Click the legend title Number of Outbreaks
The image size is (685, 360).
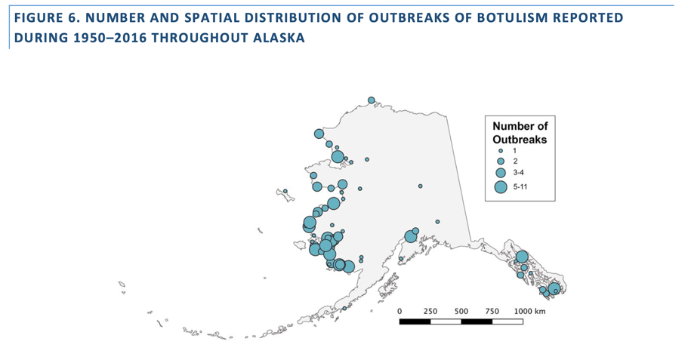tap(520, 133)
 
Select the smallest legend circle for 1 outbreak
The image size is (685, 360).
tap(500, 150)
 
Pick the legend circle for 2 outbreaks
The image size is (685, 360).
tap(500, 161)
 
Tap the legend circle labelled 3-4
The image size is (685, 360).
tap(500, 173)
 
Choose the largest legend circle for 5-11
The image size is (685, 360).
tap(500, 187)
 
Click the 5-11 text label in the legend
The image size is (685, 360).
tap(520, 187)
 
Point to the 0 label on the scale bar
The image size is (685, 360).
tap(400, 311)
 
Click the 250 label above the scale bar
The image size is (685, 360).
tap(430, 311)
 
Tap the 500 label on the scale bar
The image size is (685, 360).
tap(461, 311)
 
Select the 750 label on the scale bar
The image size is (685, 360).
tap(492, 311)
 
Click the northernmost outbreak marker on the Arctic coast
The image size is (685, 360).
tap(372, 100)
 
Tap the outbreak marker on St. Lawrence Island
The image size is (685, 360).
tap(285, 191)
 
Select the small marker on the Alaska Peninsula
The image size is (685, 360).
tap(344, 308)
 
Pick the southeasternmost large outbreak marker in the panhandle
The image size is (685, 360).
tap(554, 288)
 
